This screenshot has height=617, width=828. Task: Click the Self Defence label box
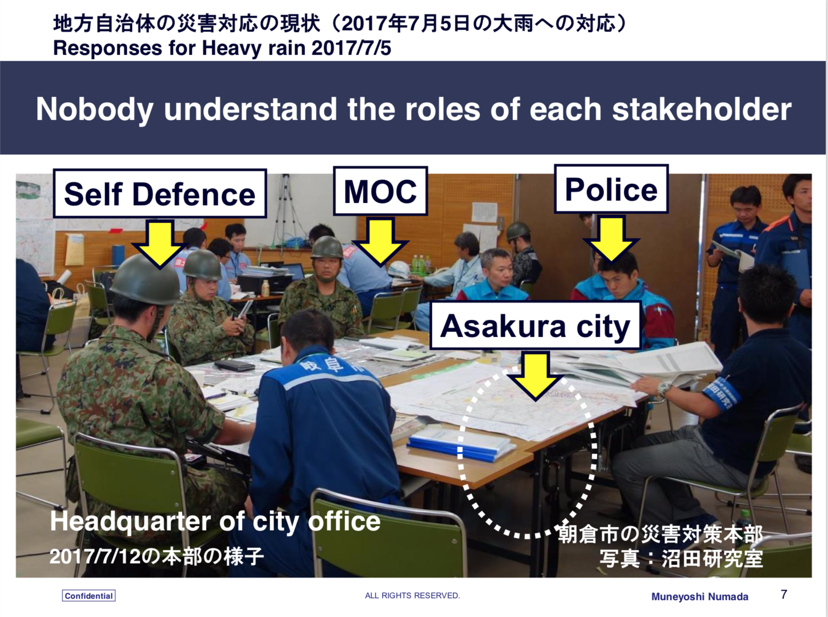(160, 193)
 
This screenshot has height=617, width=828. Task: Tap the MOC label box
(380, 191)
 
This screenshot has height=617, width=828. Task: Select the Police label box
(611, 189)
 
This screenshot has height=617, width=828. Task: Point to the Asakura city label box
(535, 325)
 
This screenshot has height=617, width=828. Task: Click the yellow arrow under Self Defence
(159, 243)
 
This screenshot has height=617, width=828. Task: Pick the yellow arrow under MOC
(380, 241)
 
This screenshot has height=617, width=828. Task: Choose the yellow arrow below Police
(611, 238)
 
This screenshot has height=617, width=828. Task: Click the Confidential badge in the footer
(89, 596)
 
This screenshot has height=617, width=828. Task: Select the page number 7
(784, 594)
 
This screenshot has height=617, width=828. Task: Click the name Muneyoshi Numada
(700, 597)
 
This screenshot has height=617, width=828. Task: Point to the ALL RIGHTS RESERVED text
(412, 595)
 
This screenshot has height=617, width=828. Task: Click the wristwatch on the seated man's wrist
(664, 388)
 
